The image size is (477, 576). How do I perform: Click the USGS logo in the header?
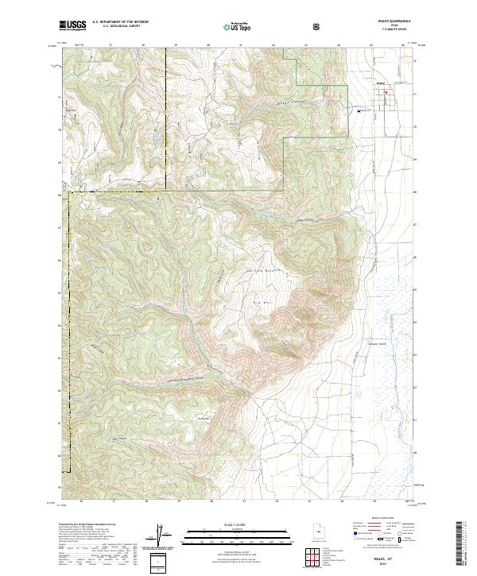click(72, 26)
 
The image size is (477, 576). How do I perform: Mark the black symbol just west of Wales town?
click(359, 110)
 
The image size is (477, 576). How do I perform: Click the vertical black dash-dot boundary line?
click(165, 119)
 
